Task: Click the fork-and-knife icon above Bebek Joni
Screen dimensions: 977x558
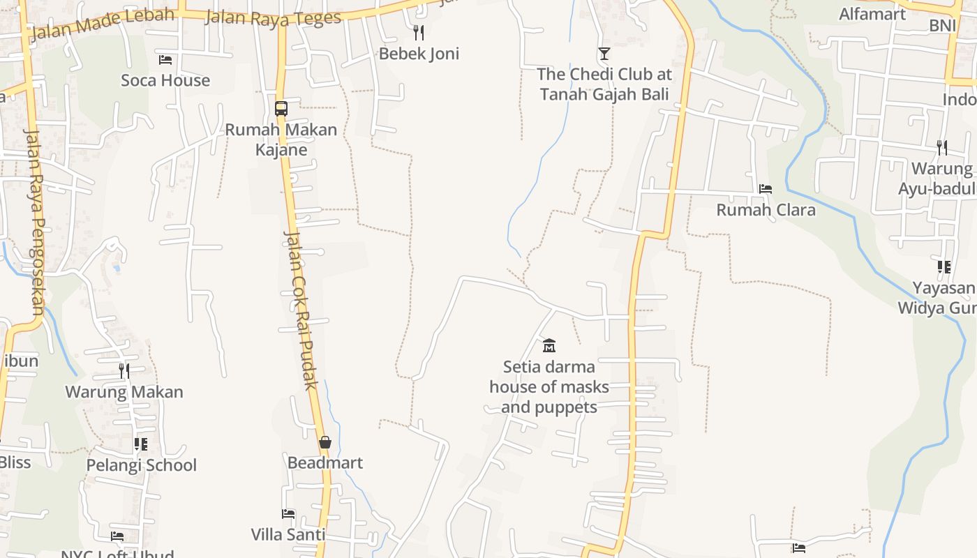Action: [419, 32]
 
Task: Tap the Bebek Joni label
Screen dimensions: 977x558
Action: [419, 54]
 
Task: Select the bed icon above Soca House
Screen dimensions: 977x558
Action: [165, 60]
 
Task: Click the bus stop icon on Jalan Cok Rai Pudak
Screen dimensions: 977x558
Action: [281, 109]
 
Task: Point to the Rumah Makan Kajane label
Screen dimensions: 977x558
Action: [281, 139]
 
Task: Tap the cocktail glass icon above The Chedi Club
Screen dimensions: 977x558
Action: [604, 54]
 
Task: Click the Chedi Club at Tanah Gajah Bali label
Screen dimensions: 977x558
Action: [604, 84]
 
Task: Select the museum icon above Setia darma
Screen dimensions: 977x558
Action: [549, 345]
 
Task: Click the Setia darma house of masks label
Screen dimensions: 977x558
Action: [549, 387]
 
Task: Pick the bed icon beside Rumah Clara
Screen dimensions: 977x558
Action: [766, 189]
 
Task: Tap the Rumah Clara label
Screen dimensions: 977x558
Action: [766, 210]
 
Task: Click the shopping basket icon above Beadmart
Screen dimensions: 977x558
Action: [325, 442]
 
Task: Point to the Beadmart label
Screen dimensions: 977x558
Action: [325, 462]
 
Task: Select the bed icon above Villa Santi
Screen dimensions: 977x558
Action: [288, 514]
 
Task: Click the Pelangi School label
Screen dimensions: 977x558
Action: [142, 465]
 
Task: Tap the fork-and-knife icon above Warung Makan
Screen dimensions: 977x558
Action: [124, 371]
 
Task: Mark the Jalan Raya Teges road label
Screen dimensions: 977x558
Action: [273, 17]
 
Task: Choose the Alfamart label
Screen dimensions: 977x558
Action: [872, 14]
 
